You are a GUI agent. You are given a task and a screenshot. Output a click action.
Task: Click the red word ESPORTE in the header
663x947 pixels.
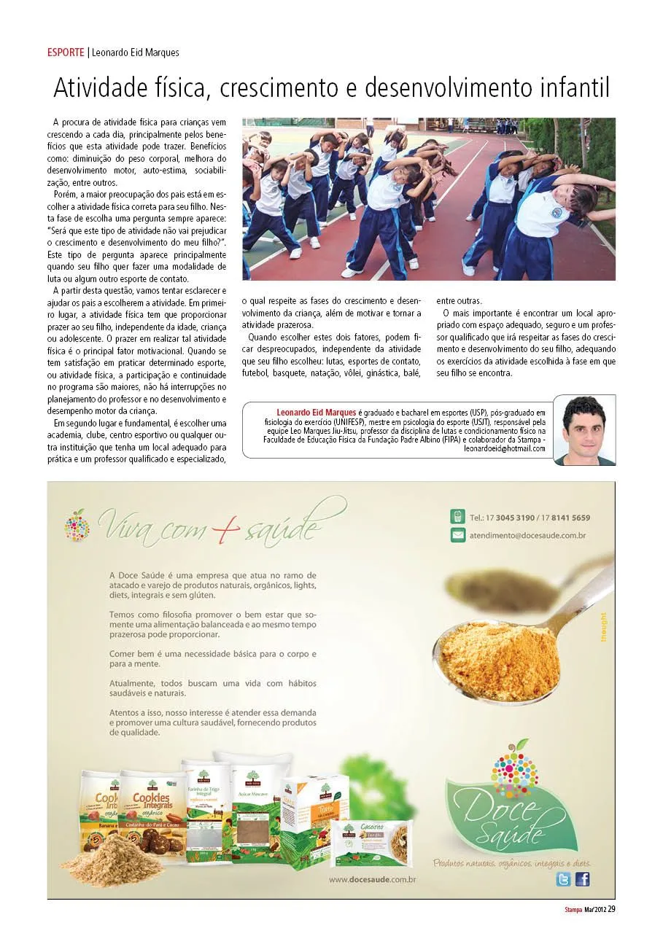click(x=66, y=52)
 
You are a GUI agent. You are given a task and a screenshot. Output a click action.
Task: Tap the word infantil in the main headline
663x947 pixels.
click(x=574, y=88)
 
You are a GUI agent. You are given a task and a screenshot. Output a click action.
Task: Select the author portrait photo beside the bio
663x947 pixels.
click(x=583, y=429)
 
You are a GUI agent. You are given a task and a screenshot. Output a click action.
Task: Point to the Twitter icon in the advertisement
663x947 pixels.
click(x=563, y=879)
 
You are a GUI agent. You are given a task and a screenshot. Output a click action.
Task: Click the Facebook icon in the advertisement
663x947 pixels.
click(x=582, y=879)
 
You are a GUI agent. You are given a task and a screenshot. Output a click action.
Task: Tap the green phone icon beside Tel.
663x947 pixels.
click(x=457, y=517)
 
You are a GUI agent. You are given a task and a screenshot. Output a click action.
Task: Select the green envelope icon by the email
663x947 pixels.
click(x=457, y=535)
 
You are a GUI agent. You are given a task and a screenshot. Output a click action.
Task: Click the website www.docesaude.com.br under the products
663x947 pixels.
click(x=372, y=880)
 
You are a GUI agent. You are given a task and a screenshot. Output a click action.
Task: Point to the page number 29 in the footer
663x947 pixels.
click(x=611, y=909)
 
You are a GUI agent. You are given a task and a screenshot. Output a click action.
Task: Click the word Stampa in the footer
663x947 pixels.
click(x=573, y=910)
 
